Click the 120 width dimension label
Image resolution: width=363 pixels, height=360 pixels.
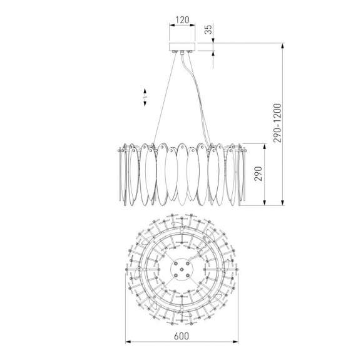point(182,20)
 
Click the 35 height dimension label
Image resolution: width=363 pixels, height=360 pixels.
point(208,29)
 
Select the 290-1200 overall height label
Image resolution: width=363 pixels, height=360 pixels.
point(277,123)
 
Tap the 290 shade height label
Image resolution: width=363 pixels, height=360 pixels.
point(258,173)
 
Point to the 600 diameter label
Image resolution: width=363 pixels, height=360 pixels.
point(181,336)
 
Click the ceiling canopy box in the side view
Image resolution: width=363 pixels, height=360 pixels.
point(182,46)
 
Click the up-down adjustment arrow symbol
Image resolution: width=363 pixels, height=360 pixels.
point(145,97)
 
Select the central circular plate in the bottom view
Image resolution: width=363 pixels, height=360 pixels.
point(181,269)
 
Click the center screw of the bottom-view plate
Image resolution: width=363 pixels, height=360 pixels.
point(181,269)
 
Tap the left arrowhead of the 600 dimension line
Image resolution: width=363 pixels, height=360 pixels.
point(128,342)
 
